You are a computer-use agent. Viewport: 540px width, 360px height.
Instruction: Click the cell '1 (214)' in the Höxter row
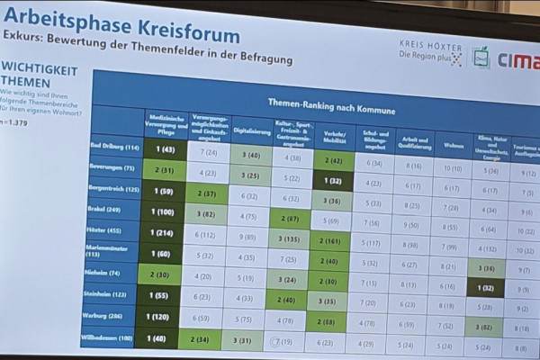click(x=163, y=232)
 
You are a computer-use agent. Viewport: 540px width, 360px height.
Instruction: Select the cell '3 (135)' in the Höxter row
click(x=290, y=238)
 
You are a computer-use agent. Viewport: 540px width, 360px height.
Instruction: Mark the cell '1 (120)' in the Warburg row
click(x=163, y=317)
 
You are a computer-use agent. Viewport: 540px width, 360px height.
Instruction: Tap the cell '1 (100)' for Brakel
click(x=163, y=211)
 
